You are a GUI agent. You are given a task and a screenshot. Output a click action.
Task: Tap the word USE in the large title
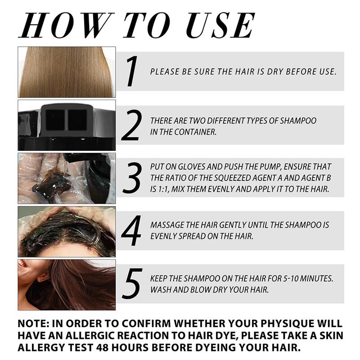coord(220,25)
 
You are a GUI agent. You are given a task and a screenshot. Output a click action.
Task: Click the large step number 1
coord(132,71)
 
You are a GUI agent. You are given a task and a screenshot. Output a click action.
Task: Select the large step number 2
coord(131,125)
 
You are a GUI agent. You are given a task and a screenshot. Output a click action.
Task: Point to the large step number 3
coord(132,177)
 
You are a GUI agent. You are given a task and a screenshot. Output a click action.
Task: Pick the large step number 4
coord(131,230)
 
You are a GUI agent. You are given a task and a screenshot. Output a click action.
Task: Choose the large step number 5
coord(132,283)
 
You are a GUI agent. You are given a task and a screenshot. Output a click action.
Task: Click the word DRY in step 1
coord(275,72)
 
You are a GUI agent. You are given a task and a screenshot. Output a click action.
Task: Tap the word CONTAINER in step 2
coord(195,132)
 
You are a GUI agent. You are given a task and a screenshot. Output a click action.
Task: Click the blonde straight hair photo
coord(67,72)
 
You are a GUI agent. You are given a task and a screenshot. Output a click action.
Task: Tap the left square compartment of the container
coord(55,120)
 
